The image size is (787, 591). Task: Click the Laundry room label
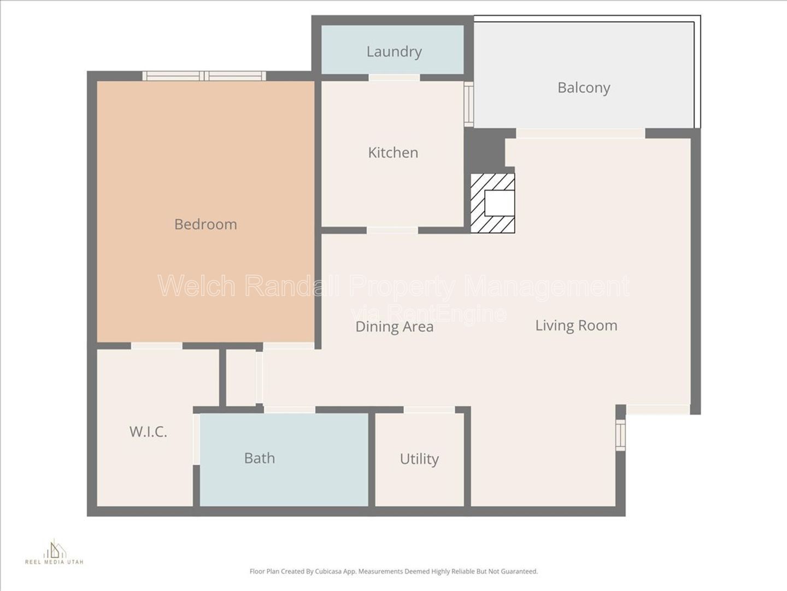394,52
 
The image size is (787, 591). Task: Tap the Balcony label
584,88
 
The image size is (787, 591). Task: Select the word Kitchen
393,153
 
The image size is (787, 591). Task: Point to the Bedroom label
205,224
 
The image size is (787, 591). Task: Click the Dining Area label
395,327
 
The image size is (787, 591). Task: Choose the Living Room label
576,326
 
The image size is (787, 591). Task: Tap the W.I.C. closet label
148,432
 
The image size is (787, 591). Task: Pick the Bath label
260,458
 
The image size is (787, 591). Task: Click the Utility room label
419,459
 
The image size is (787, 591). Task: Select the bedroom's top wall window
204,76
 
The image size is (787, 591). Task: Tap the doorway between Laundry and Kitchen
395,78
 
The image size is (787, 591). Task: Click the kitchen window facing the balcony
469,104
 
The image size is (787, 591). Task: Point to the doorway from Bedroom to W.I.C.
157,346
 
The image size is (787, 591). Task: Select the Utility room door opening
430,410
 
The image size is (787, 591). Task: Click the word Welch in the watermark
197,286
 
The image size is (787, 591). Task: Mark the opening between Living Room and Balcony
581,133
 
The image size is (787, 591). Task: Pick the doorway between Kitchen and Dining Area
392,230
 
